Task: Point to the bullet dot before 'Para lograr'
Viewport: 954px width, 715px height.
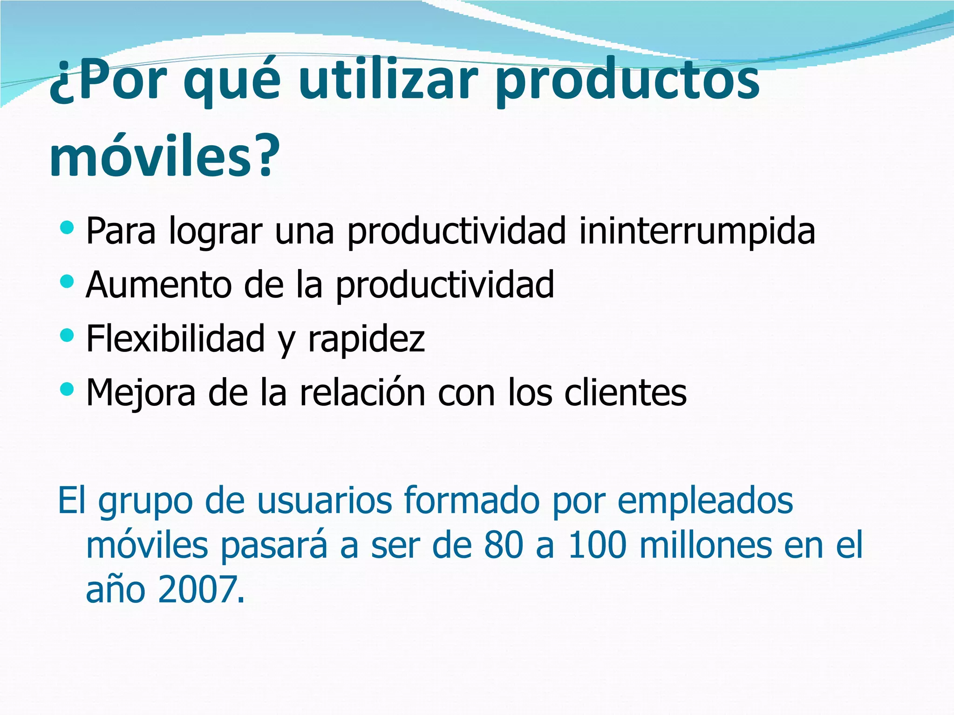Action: coord(67,228)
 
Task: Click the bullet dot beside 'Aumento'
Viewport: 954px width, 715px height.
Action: coord(67,281)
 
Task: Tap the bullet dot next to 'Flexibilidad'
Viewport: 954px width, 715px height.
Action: coord(67,335)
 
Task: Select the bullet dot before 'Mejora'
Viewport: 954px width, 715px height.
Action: coord(67,388)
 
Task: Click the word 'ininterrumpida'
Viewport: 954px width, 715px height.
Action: coord(697,231)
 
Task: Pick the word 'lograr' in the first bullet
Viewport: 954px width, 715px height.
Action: coord(215,232)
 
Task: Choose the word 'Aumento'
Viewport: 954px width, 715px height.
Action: coord(159,285)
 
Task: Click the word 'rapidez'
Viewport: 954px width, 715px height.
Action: coord(366,339)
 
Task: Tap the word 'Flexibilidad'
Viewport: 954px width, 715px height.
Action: coord(176,338)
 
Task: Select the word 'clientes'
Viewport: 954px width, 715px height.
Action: coord(625,392)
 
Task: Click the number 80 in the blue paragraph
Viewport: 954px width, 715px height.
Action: coord(503,545)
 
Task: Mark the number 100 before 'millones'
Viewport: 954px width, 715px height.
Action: coord(597,545)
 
